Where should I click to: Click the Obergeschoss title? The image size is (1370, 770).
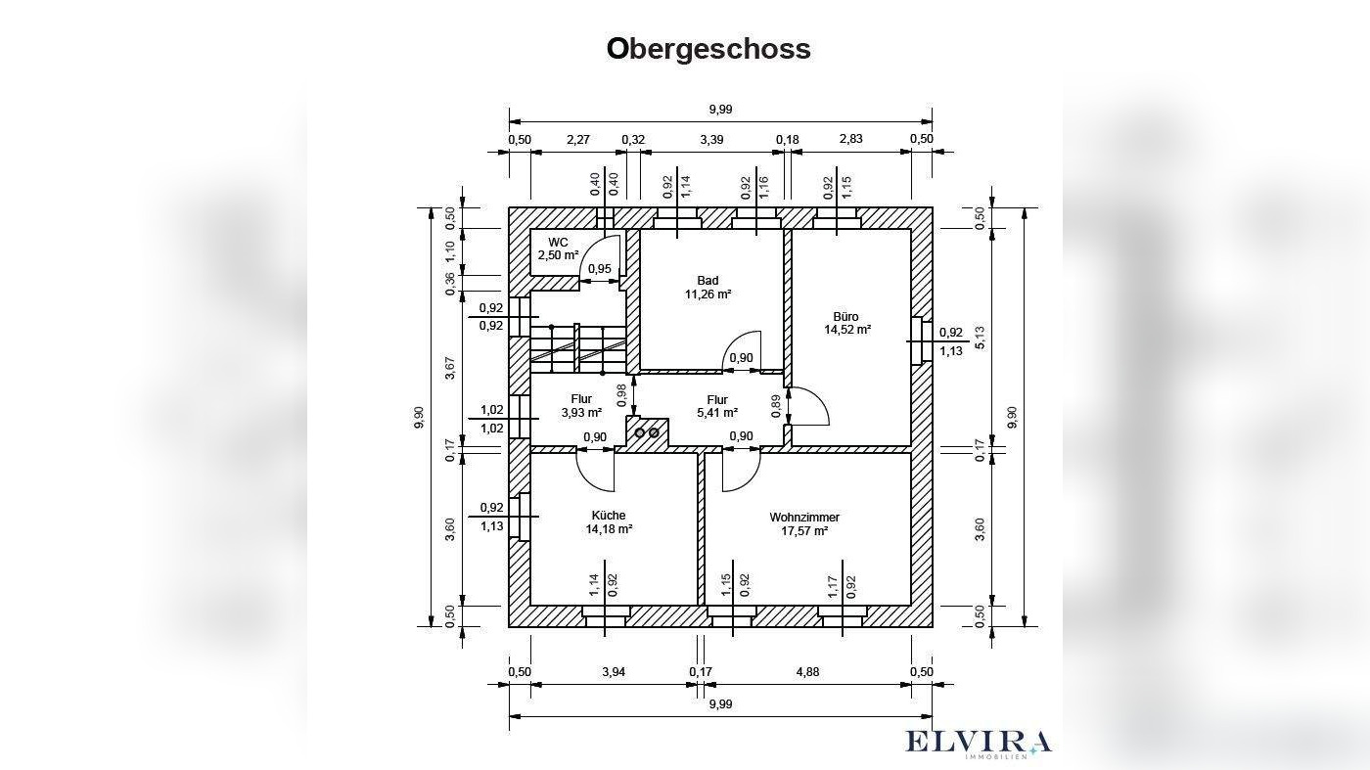click(x=708, y=48)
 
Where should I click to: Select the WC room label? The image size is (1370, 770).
click(x=558, y=242)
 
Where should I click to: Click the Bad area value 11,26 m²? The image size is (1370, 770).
click(x=708, y=294)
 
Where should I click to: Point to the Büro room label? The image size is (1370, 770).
click(x=846, y=316)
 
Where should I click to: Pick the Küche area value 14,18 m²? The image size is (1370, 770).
click(x=609, y=529)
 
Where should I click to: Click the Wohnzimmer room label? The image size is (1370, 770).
click(x=804, y=517)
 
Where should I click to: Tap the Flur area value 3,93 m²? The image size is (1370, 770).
click(x=580, y=413)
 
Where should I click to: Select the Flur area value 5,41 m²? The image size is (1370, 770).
click(x=716, y=413)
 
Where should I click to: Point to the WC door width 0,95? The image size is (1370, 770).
click(x=600, y=269)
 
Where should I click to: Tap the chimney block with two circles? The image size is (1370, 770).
click(x=647, y=432)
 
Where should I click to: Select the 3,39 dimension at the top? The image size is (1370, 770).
click(x=711, y=139)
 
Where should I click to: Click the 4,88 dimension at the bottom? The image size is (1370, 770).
click(x=807, y=671)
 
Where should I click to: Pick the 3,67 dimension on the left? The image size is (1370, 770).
click(x=450, y=368)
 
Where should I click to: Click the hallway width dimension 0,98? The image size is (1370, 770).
click(x=622, y=394)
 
